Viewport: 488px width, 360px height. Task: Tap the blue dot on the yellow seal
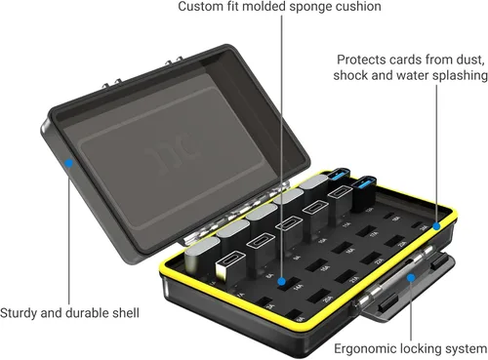pyautogui.click(x=438, y=225)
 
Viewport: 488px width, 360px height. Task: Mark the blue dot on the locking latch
pyautogui.click(x=410, y=276)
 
